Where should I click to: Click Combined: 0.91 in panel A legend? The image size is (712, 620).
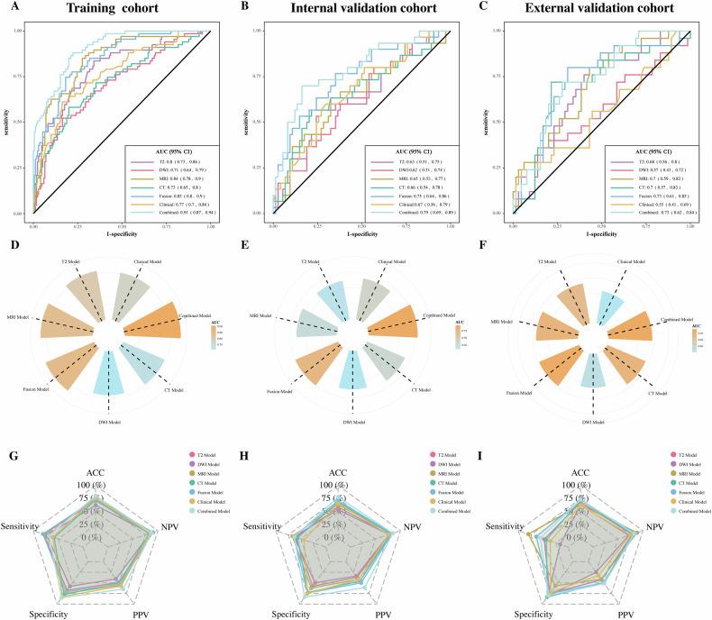[169, 205]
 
